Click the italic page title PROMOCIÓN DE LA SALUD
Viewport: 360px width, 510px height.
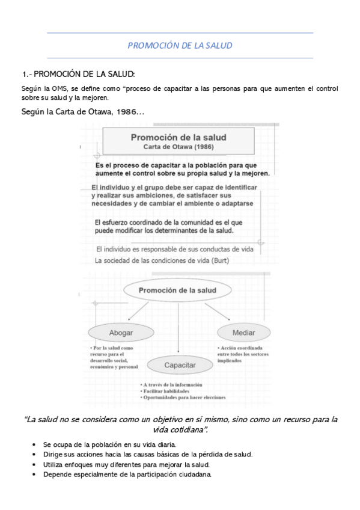coord(180,45)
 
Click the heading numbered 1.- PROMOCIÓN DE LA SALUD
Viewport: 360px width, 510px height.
coord(78,74)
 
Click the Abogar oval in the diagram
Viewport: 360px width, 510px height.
coord(121,332)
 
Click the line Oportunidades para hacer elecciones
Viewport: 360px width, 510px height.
coord(184,398)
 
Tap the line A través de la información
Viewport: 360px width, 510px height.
coord(172,384)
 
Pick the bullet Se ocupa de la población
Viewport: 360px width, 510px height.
coord(101,444)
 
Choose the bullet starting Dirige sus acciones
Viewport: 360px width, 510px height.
coord(147,454)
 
